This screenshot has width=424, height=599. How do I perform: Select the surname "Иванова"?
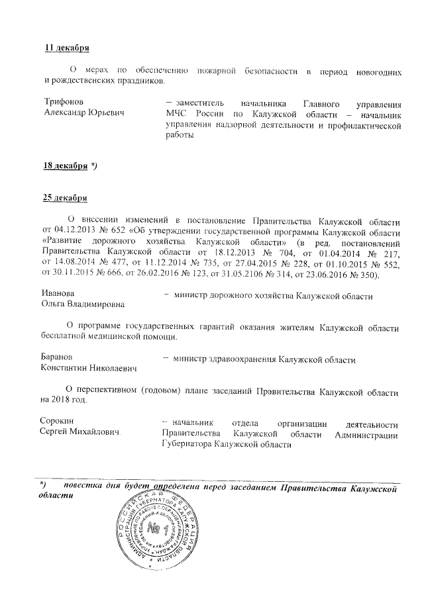click(x=58, y=294)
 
